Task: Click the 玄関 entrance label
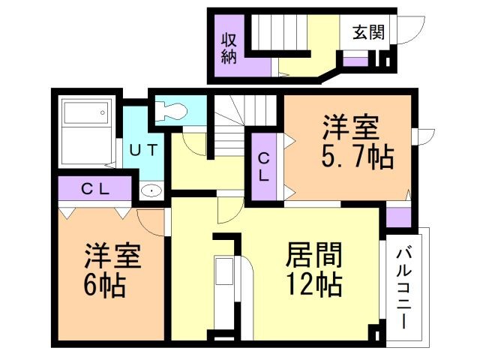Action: [x=367, y=32]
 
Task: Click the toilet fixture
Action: [x=171, y=111]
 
